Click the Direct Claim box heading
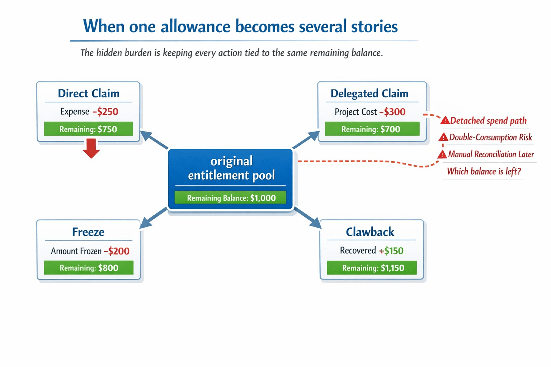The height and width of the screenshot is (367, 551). point(89,93)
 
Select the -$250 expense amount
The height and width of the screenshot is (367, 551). point(105,111)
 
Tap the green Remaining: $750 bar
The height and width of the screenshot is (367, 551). point(88,129)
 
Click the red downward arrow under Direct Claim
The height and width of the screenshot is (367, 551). point(91,148)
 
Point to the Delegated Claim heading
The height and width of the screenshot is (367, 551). point(369,93)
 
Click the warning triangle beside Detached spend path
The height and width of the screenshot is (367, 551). point(445,120)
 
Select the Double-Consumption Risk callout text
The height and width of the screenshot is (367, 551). point(490,137)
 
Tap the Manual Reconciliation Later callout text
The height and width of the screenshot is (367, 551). point(491,154)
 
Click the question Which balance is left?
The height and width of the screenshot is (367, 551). point(484,171)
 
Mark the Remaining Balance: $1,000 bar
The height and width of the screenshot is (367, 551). point(231,198)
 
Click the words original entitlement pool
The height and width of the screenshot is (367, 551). point(231,168)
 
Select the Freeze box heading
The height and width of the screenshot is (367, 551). point(88,232)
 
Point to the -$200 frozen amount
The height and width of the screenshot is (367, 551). point(117,251)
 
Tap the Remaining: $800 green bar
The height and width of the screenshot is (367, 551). point(89,268)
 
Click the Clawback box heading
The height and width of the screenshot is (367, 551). point(370,232)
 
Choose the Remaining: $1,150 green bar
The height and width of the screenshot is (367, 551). point(373,268)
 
